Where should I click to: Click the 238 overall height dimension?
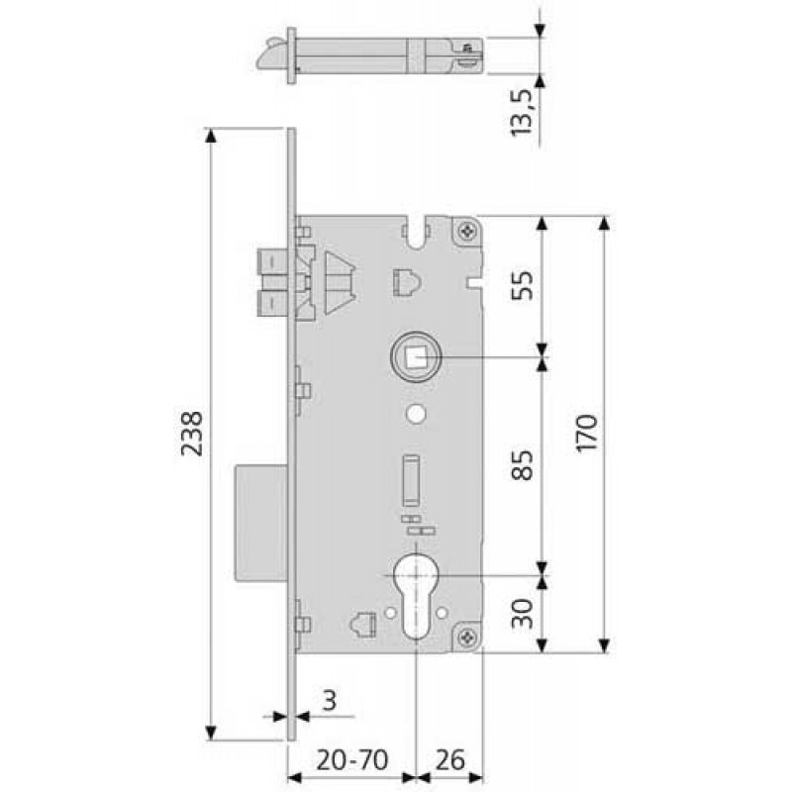click(192, 434)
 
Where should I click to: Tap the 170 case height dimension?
click(587, 433)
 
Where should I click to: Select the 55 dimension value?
click(522, 286)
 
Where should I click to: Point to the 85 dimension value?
click(522, 464)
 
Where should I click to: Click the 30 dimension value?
click(522, 613)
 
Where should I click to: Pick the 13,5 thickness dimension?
click(522, 112)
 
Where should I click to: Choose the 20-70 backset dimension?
click(352, 759)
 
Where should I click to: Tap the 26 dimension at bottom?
click(449, 759)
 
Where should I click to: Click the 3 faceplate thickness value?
click(330, 701)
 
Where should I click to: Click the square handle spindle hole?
click(416, 357)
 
